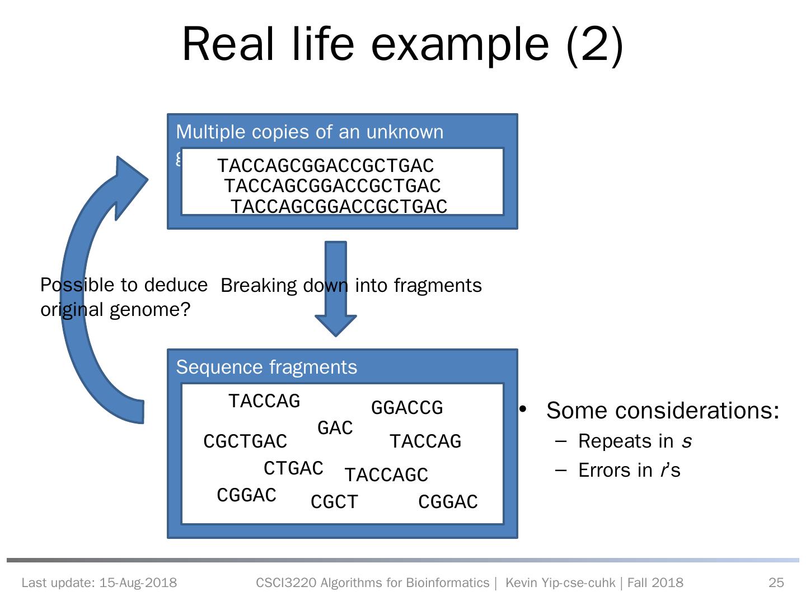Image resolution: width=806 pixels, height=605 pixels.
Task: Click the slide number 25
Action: [776, 583]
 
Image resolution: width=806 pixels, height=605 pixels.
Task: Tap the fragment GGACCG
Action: [407, 408]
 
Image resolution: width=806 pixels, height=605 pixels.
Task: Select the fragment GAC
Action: [335, 429]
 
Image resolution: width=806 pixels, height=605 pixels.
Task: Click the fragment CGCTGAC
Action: [245, 441]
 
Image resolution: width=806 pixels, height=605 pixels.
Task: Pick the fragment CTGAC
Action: [293, 468]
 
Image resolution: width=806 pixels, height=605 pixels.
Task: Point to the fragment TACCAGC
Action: [386, 475]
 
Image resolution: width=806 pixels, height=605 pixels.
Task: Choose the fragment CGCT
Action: [334, 502]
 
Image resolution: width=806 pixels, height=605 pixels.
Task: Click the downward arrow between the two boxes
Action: [336, 291]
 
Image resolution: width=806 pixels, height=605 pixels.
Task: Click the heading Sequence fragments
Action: [266, 367]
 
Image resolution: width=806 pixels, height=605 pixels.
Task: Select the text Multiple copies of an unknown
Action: [310, 132]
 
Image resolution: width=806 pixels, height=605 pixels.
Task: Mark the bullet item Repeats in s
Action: [635, 441]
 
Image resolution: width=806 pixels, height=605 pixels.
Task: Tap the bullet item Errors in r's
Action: [629, 471]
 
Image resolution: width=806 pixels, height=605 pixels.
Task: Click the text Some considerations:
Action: [663, 411]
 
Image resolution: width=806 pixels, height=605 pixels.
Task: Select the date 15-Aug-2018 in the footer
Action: [138, 583]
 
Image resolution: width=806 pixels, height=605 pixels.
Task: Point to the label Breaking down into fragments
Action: [351, 286]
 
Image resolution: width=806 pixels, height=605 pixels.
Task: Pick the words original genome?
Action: [115, 309]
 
